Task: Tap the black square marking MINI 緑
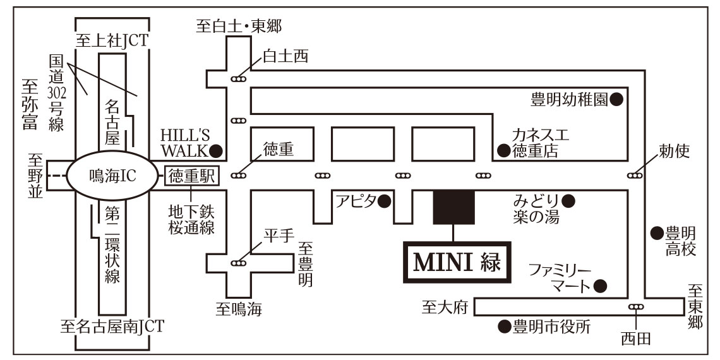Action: coord(453,207)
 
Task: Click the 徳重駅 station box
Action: coord(191,175)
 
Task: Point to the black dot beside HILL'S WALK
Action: coord(217,150)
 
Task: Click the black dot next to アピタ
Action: coord(385,201)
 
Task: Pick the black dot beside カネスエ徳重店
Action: coord(504,150)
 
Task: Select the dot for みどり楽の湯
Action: coord(568,201)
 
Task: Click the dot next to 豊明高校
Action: coord(657,233)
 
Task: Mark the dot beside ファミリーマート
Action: coord(600,285)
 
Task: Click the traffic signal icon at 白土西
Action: coord(239,79)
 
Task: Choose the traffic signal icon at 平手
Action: coord(239,261)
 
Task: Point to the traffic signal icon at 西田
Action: coord(635,307)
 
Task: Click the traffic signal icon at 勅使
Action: coord(635,175)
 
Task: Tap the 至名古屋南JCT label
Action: coord(112,327)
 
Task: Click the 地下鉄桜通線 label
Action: coord(191,218)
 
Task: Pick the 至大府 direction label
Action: coord(445,308)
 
